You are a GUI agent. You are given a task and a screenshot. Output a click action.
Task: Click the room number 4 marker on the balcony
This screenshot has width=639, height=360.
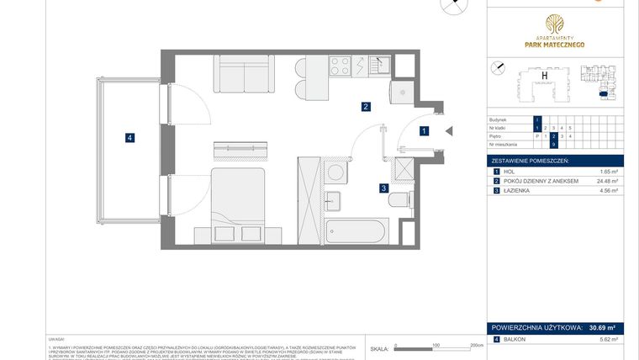(x=129, y=138)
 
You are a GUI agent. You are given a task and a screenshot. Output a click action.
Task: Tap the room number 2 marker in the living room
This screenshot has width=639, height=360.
(x=366, y=107)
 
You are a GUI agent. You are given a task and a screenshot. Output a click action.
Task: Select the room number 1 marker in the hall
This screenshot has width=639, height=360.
(x=425, y=131)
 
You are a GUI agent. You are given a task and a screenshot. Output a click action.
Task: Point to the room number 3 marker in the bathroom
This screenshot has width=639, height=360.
(x=383, y=188)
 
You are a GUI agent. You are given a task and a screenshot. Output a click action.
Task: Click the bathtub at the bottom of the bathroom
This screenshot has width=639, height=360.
(x=355, y=230)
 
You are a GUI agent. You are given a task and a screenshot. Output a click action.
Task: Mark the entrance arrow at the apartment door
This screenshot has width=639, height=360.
(x=449, y=131)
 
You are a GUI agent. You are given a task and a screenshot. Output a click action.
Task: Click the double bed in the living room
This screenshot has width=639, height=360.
(x=239, y=199)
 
